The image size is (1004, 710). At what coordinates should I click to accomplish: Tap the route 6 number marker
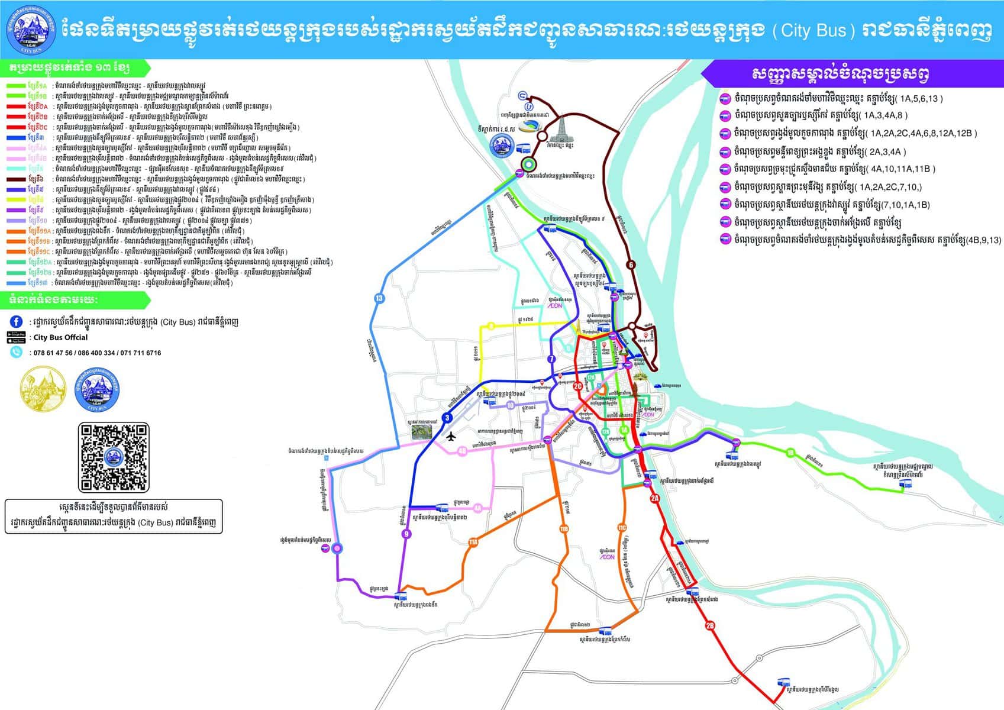click(x=631, y=265)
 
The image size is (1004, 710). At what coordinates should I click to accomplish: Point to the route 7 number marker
click(x=552, y=359)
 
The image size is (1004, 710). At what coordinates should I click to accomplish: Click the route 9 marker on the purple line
click(x=405, y=534)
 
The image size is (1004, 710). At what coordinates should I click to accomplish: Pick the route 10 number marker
click(x=511, y=405)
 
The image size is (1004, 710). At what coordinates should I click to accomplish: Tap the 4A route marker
click(x=477, y=508)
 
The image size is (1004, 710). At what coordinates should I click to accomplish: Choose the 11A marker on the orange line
click(x=473, y=542)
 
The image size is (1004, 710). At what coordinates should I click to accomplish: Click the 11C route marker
click(x=622, y=528)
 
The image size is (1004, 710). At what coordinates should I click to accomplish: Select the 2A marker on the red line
click(x=655, y=499)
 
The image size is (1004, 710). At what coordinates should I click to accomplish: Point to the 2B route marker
click(x=710, y=625)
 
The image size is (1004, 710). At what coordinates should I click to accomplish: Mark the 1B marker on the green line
click(x=790, y=453)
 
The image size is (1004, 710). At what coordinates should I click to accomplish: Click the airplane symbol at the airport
click(x=451, y=437)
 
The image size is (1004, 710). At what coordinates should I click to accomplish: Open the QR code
click(x=114, y=457)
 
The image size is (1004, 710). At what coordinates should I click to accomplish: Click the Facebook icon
click(x=17, y=322)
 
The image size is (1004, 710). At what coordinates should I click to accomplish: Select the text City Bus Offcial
click(x=60, y=337)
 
